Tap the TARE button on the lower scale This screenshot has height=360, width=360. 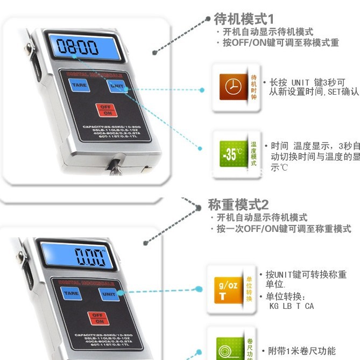(x=70, y=294)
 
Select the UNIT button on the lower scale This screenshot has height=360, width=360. (x=109, y=294)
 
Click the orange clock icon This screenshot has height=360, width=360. (x=233, y=87)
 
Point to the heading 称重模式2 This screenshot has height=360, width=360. (x=238, y=205)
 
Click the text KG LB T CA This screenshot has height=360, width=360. (x=291, y=306)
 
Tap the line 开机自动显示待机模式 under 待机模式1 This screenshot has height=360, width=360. (x=267, y=32)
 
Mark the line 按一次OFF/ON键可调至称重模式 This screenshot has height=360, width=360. (x=284, y=229)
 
